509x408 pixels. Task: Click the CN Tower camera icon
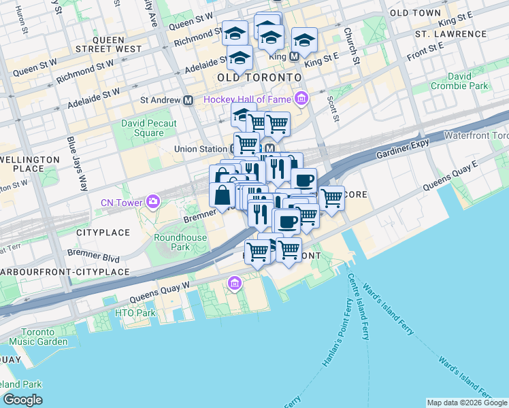154,202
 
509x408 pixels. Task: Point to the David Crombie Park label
459,81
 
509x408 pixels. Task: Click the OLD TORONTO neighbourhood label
259,78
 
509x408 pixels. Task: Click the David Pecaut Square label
149,128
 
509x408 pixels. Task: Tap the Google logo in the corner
22,400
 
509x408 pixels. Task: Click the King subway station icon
295,57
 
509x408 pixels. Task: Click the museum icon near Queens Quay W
235,283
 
